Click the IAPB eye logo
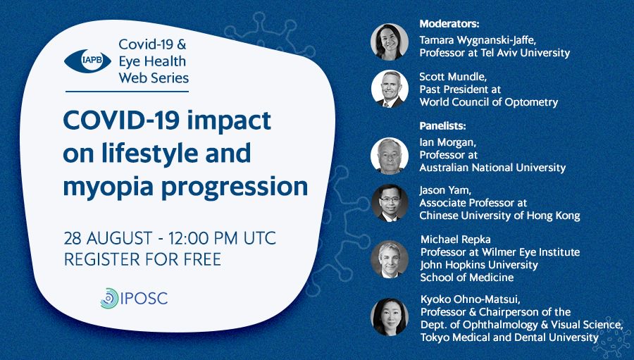click(88, 61)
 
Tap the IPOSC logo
click(134, 299)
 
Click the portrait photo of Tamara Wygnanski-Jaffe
click(390, 42)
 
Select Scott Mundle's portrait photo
click(390, 89)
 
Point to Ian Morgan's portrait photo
click(390, 156)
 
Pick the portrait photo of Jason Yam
click(390, 203)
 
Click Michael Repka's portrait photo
click(390, 259)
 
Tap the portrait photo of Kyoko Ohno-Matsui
click(390, 317)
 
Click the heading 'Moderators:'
click(449, 24)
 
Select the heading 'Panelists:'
click(443, 126)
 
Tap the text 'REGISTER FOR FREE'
click(143, 259)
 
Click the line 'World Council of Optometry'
click(488, 102)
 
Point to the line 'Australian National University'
click(492, 168)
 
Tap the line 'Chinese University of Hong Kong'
click(499, 216)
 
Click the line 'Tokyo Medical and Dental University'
click(509, 337)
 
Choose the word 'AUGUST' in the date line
click(119, 238)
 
